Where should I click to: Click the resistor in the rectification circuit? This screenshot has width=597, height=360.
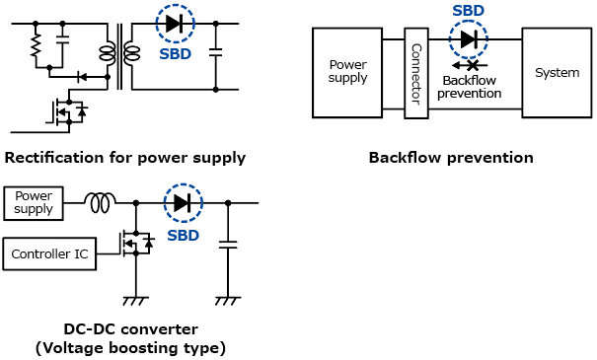tap(36, 45)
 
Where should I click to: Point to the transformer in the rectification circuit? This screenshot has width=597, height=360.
tap(119, 55)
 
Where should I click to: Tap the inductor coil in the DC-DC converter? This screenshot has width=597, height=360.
tap(100, 203)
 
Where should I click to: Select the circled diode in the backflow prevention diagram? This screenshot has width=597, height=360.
tap(469, 39)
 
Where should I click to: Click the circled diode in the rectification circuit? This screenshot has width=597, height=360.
tap(175, 24)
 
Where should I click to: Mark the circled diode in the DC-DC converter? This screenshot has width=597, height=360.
tap(184, 203)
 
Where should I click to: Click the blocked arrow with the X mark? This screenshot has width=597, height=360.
tap(470, 65)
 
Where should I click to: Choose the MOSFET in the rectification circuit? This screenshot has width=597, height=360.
tap(68, 111)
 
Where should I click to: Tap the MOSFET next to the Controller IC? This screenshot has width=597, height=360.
tap(136, 244)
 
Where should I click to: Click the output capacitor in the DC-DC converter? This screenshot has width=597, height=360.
tap(228, 245)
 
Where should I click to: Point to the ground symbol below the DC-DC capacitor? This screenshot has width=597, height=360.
tap(228, 301)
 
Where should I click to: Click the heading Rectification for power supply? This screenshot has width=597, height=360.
tap(125, 158)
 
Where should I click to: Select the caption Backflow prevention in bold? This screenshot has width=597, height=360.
tap(451, 158)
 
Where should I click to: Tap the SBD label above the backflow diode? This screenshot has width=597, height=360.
tap(469, 11)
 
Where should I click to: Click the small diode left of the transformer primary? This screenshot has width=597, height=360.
tap(82, 77)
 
